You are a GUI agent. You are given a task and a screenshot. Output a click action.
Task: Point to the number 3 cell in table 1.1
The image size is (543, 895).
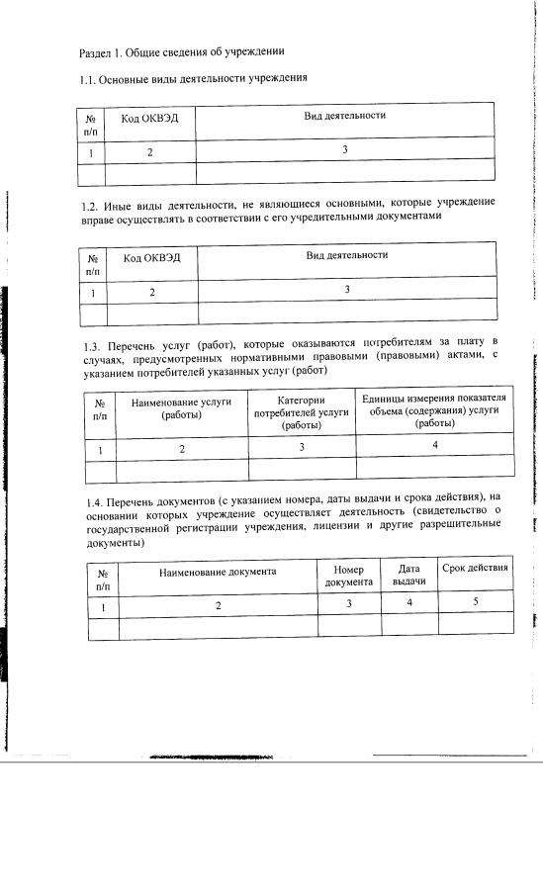[344, 150]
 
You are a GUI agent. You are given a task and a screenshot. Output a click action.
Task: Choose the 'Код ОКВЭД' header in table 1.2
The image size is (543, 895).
[152, 257]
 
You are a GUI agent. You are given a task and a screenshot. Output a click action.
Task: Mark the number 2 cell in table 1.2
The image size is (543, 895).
[152, 292]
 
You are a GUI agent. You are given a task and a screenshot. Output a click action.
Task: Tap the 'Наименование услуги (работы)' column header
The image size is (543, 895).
[182, 408]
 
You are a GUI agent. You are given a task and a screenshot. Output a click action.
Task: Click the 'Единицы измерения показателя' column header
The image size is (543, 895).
[434, 409]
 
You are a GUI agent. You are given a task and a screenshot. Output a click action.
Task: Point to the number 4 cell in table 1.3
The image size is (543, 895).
[434, 445]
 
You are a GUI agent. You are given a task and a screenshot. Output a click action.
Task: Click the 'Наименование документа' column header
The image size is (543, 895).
[217, 571]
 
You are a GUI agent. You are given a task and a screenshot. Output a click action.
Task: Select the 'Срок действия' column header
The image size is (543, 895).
[475, 568]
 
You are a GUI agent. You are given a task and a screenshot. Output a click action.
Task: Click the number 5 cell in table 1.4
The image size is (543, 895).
[475, 601]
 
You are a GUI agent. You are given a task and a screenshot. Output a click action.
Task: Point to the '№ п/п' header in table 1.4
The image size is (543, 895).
[102, 579]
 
